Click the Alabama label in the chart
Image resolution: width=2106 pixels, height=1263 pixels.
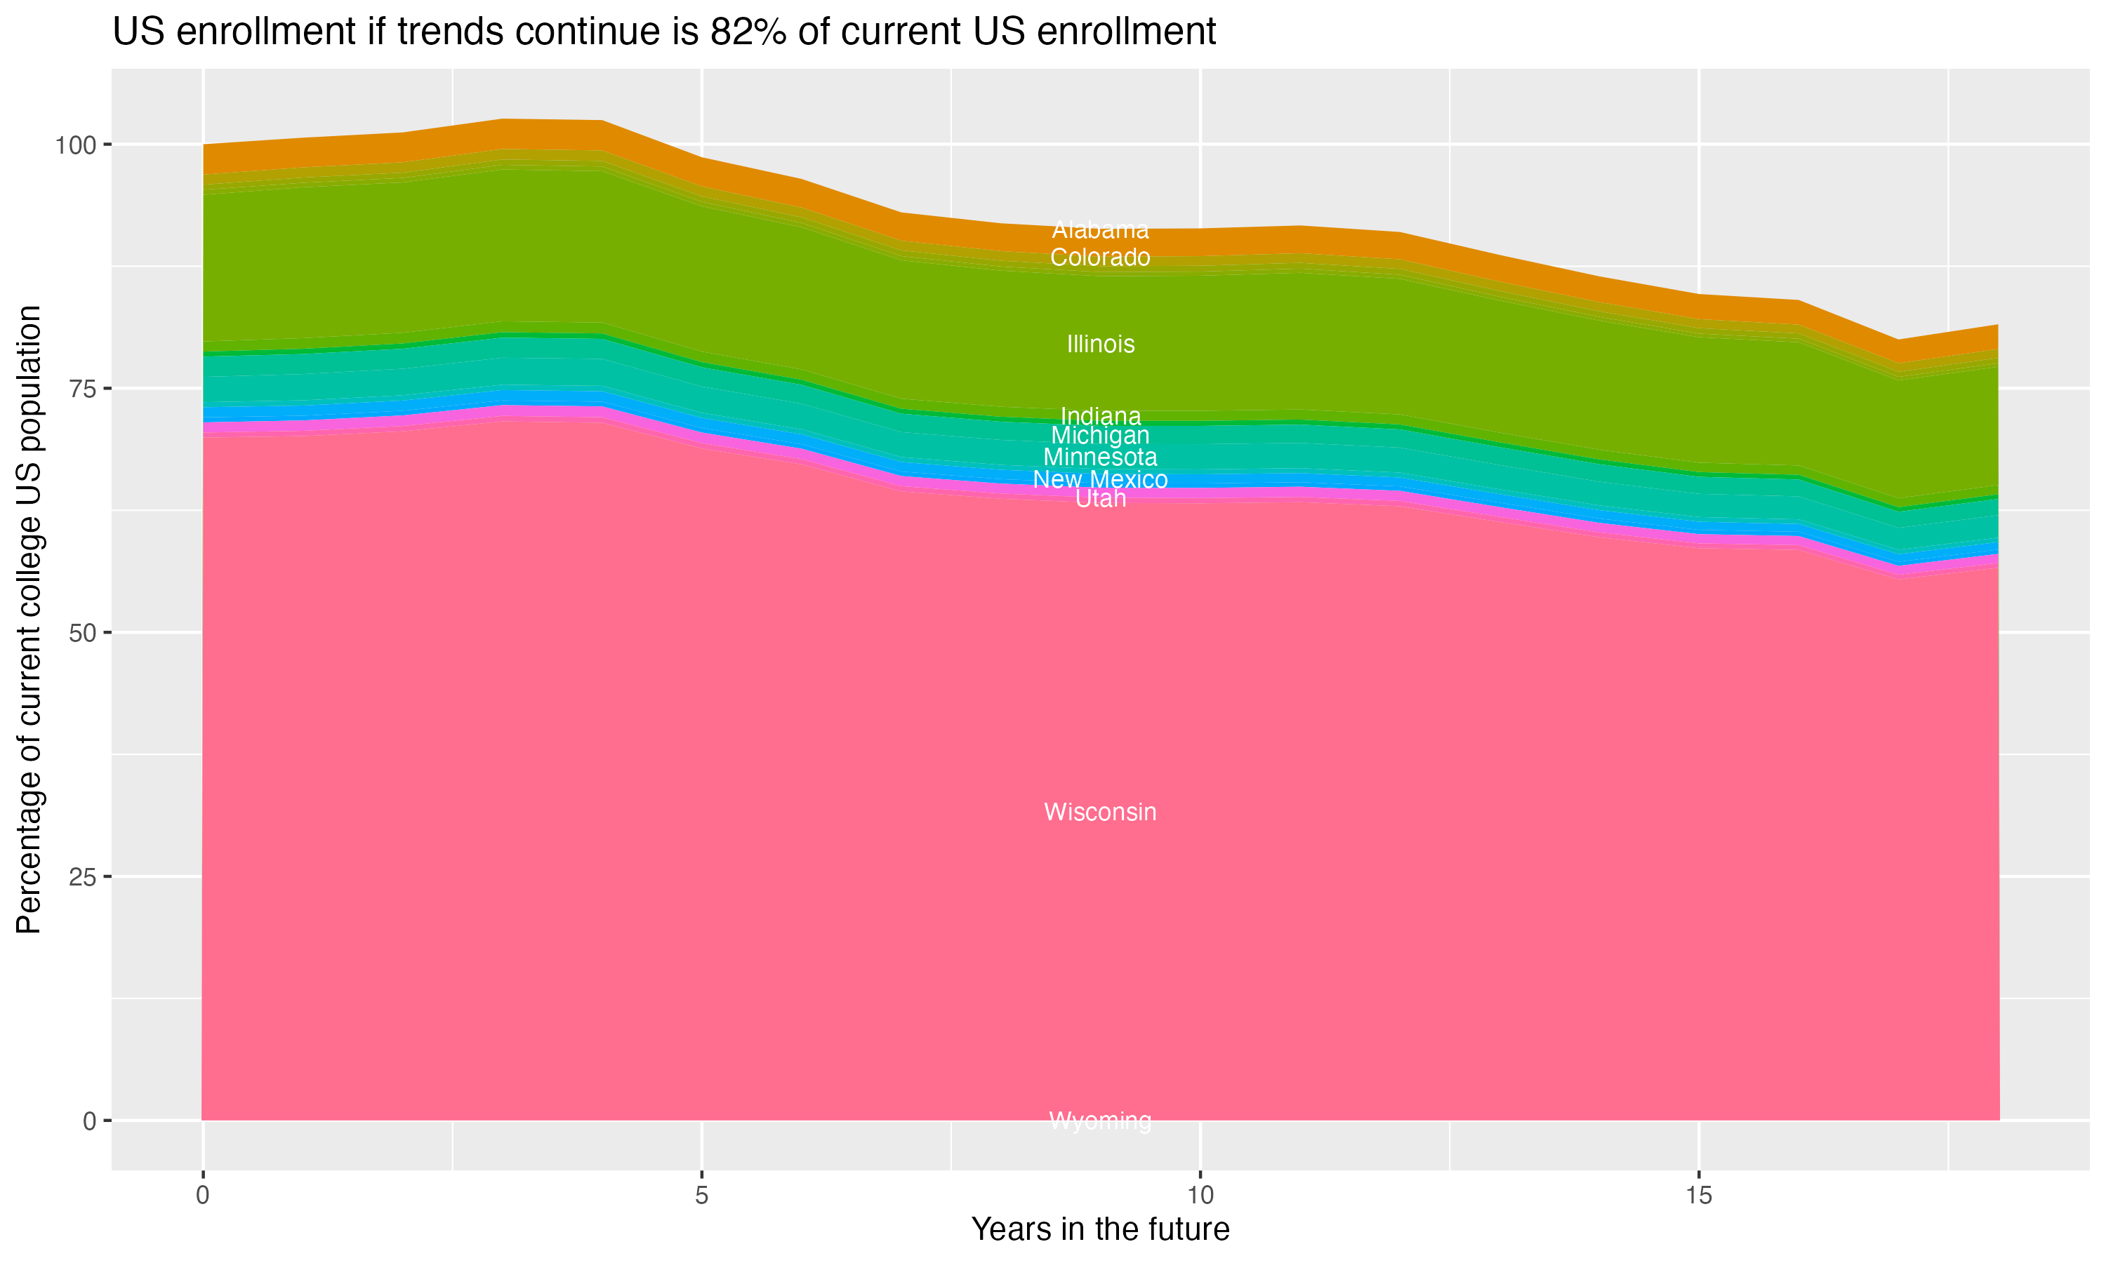pyautogui.click(x=1100, y=229)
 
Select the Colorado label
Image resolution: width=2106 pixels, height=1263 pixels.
pyautogui.click(x=1100, y=257)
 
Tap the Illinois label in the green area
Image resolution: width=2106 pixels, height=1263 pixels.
pyautogui.click(x=1100, y=344)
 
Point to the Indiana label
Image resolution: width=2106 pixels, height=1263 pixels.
pyautogui.click(x=1100, y=415)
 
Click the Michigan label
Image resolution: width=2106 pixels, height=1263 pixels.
pyautogui.click(x=1100, y=435)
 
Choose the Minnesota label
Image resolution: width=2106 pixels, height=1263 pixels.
pyautogui.click(x=1100, y=457)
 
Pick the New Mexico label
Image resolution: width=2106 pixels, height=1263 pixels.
pyautogui.click(x=1100, y=479)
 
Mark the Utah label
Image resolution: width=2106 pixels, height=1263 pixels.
pyautogui.click(x=1100, y=499)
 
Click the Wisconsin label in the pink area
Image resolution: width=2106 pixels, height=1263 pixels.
pyautogui.click(x=1100, y=812)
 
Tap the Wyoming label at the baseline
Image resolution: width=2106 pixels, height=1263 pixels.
pyautogui.click(x=1100, y=1121)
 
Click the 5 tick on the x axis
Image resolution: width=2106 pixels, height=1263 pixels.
pyautogui.click(x=701, y=1196)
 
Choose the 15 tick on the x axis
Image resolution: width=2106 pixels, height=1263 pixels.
pyautogui.click(x=1698, y=1196)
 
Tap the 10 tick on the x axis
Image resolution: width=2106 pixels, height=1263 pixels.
pyautogui.click(x=1200, y=1196)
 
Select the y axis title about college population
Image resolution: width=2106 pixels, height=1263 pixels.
pyautogui.click(x=29, y=620)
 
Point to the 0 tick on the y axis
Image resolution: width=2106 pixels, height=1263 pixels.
pyautogui.click(x=88, y=1121)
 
